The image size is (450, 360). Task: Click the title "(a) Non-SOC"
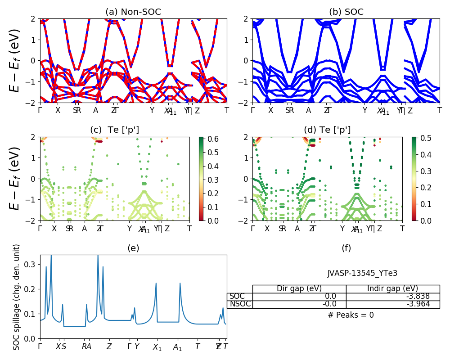pyautogui.click(x=133, y=12)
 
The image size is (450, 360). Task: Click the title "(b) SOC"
pyautogui.click(x=346, y=12)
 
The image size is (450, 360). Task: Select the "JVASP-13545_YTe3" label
pyautogui.click(x=362, y=273)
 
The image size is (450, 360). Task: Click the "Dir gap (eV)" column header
pyautogui.click(x=299, y=289)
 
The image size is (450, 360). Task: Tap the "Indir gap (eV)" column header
pyautogui.click(x=393, y=289)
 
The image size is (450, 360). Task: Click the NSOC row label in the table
pyautogui.click(x=239, y=304)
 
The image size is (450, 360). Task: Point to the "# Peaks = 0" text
pyautogui.click(x=351, y=315)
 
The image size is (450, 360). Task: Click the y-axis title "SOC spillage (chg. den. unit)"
pyautogui.click(x=17, y=297)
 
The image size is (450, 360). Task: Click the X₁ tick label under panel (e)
pyautogui.click(x=157, y=347)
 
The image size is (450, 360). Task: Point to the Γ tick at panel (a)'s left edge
pyautogui.click(x=40, y=110)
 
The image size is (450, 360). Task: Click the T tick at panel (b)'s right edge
pyautogui.click(x=440, y=110)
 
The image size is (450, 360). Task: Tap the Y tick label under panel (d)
pyautogui.click(x=342, y=229)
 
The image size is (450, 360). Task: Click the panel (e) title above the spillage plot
pyautogui.click(x=133, y=248)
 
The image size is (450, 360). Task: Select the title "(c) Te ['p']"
pyautogui.click(x=115, y=130)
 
